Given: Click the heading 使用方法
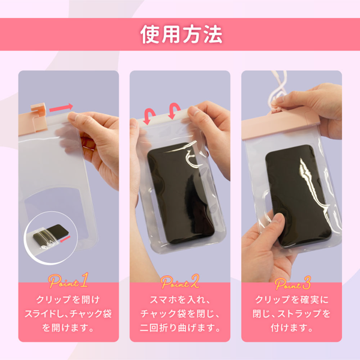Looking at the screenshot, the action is pyautogui.click(x=181, y=34).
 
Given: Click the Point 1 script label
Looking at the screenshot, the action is pyautogui.click(x=68, y=281).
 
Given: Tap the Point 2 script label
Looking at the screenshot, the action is pyautogui.click(x=180, y=282).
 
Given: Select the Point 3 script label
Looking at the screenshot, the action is pyautogui.click(x=293, y=283).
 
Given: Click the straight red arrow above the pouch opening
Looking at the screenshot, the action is pyautogui.click(x=61, y=107).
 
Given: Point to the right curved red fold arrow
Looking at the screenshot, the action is pyautogui.click(x=174, y=111).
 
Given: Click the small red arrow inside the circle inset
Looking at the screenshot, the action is pyautogui.click(x=65, y=239).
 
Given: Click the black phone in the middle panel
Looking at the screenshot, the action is pyautogui.click(x=181, y=193).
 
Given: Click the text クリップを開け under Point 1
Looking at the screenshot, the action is pyautogui.click(x=68, y=299).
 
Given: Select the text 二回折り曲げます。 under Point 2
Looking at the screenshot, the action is pyautogui.click(x=180, y=328).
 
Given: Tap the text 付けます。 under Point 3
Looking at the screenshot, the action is pyautogui.click(x=292, y=328).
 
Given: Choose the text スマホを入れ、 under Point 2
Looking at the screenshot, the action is pyautogui.click(x=180, y=299).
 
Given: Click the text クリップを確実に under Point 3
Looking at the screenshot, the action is pyautogui.click(x=292, y=299).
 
